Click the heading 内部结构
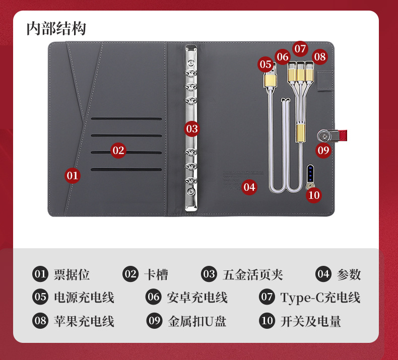(x=56, y=28)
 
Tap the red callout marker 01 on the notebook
(x=73, y=176)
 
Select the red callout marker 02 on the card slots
(x=118, y=151)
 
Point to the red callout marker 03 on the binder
(x=192, y=129)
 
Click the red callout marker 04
(x=249, y=187)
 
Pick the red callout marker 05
(x=266, y=64)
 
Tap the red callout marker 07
(x=300, y=49)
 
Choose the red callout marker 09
(x=323, y=151)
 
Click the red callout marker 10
(x=314, y=195)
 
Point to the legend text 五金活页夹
(x=253, y=274)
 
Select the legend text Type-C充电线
(x=320, y=298)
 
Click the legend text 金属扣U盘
(x=197, y=321)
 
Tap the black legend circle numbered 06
(x=153, y=297)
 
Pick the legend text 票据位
(x=72, y=274)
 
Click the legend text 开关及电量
(x=310, y=321)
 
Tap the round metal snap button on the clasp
(x=324, y=136)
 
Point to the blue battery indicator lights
(x=310, y=173)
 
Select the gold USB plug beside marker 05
(x=270, y=79)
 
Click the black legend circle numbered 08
(x=40, y=321)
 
